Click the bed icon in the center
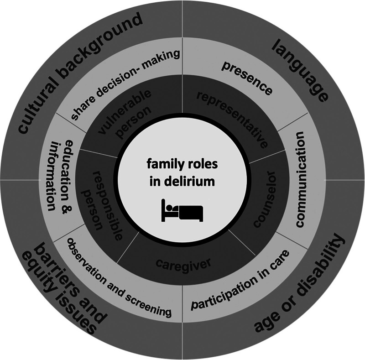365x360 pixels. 182,211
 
